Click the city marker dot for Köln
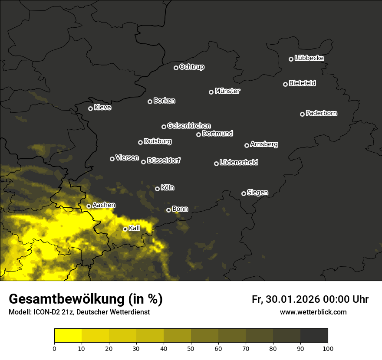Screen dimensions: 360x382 pos(157,189)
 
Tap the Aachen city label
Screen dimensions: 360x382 pos(104,205)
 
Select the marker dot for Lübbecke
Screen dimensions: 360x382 pos(291,59)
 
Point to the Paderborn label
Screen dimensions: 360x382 pos(321,113)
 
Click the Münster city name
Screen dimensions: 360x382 pos(227,91)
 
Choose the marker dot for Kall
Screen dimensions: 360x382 pos(125,229)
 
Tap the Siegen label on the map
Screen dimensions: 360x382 pos(257,193)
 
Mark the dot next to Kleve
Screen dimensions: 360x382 pos(90,108)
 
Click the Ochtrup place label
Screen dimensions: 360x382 pos(191,67)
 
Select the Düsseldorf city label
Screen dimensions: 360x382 pos(163,160)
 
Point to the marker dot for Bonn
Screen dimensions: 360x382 pos(168,210)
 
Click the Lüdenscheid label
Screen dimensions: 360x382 pos(239,163)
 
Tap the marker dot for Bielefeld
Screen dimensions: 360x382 pos(285,84)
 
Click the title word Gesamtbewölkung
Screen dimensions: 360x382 pos(66,299)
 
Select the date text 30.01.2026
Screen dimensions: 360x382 pos(292,299)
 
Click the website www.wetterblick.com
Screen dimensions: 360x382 pos(313,312)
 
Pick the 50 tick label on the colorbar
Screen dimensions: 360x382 pos(191,348)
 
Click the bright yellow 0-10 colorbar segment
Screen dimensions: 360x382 pos(68,335)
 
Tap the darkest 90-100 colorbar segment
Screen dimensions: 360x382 pos(314,335)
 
